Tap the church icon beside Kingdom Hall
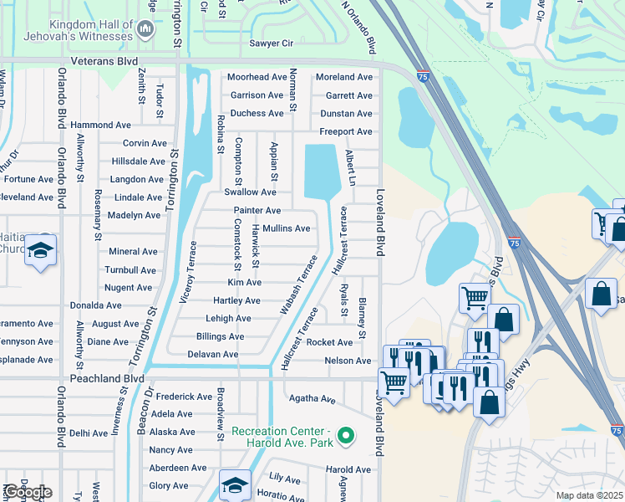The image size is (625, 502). pyautogui.click(x=146, y=31)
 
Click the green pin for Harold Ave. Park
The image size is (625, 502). pyautogui.click(x=348, y=436)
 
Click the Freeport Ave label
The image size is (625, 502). pyautogui.click(x=346, y=131)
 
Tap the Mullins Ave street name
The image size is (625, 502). pyautogui.click(x=286, y=228)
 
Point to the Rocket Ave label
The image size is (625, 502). pyautogui.click(x=329, y=342)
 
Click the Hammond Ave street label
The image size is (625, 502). pyautogui.click(x=101, y=125)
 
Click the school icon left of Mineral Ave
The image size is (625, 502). pyautogui.click(x=40, y=251)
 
